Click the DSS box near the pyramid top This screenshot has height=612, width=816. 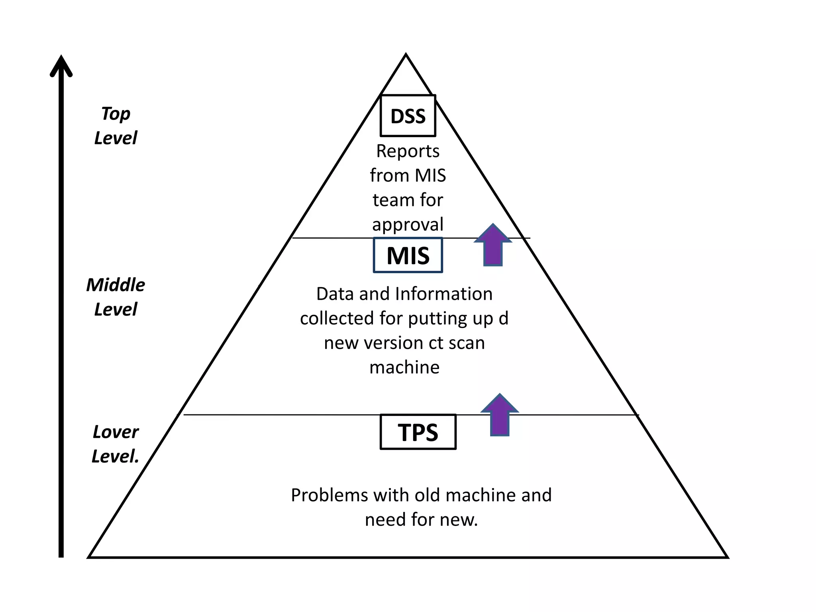coord(408,116)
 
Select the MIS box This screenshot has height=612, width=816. coord(408,255)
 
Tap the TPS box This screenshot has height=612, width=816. coord(418,432)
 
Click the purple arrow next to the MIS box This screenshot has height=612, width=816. coord(493,245)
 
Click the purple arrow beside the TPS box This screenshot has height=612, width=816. coord(500,415)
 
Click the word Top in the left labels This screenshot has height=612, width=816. coord(116,114)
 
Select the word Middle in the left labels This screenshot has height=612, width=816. coord(116,285)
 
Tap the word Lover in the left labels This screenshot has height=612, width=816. coord(116,432)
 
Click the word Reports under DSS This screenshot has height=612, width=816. coord(408,151)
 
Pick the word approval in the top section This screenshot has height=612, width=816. coord(408,225)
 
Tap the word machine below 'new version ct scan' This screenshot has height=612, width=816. coord(404,367)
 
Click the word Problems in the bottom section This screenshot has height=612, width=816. coord(329,495)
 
